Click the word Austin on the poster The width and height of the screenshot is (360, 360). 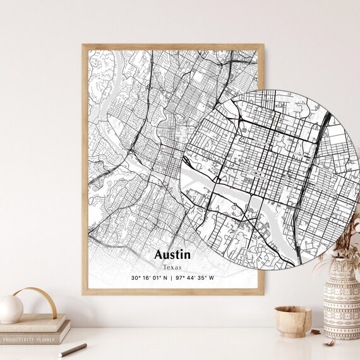pyautogui.click(x=172, y=255)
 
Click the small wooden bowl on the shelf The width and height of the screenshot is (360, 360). pyautogui.click(x=292, y=320)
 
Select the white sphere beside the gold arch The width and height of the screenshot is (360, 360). pyautogui.click(x=11, y=309)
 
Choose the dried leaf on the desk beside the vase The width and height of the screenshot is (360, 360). pyautogui.click(x=329, y=343)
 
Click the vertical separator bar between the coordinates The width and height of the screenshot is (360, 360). pyautogui.click(x=172, y=278)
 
